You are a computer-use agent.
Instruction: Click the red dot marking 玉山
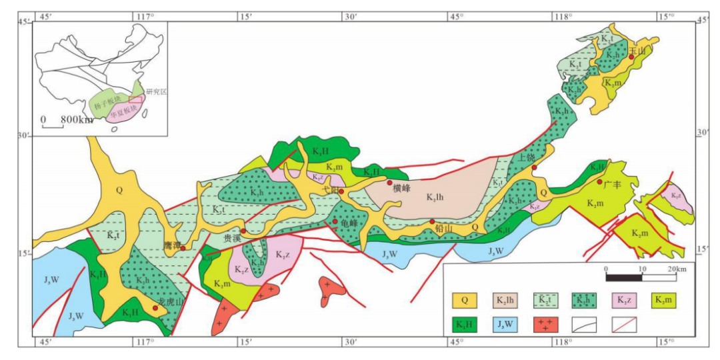point(631,57)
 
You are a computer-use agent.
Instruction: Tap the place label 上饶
point(526,157)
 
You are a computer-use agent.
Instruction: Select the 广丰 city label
point(612,185)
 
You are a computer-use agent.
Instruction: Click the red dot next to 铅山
point(432,221)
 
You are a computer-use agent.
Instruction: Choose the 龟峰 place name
point(347,224)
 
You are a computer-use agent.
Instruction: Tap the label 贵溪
point(231,237)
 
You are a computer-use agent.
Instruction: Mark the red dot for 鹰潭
point(183,248)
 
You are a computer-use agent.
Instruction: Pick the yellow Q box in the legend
point(464,300)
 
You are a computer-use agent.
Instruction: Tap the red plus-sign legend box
point(546,325)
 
